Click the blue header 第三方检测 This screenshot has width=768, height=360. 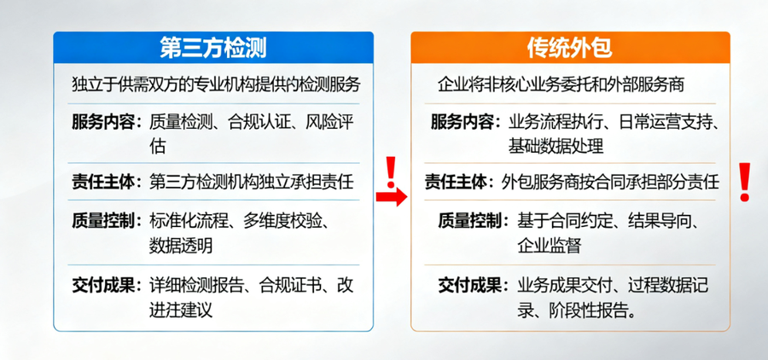click(x=213, y=47)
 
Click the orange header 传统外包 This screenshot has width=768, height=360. click(x=570, y=47)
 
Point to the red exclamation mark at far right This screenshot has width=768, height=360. click(x=744, y=181)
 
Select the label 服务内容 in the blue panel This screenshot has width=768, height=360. click(x=106, y=121)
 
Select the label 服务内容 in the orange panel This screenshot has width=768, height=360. click(x=464, y=121)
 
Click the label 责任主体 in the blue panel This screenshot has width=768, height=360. click(x=106, y=181)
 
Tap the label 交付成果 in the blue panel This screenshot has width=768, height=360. click(x=106, y=285)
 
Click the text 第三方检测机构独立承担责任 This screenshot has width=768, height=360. click(x=251, y=181)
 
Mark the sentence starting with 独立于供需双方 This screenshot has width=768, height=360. click(x=217, y=85)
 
